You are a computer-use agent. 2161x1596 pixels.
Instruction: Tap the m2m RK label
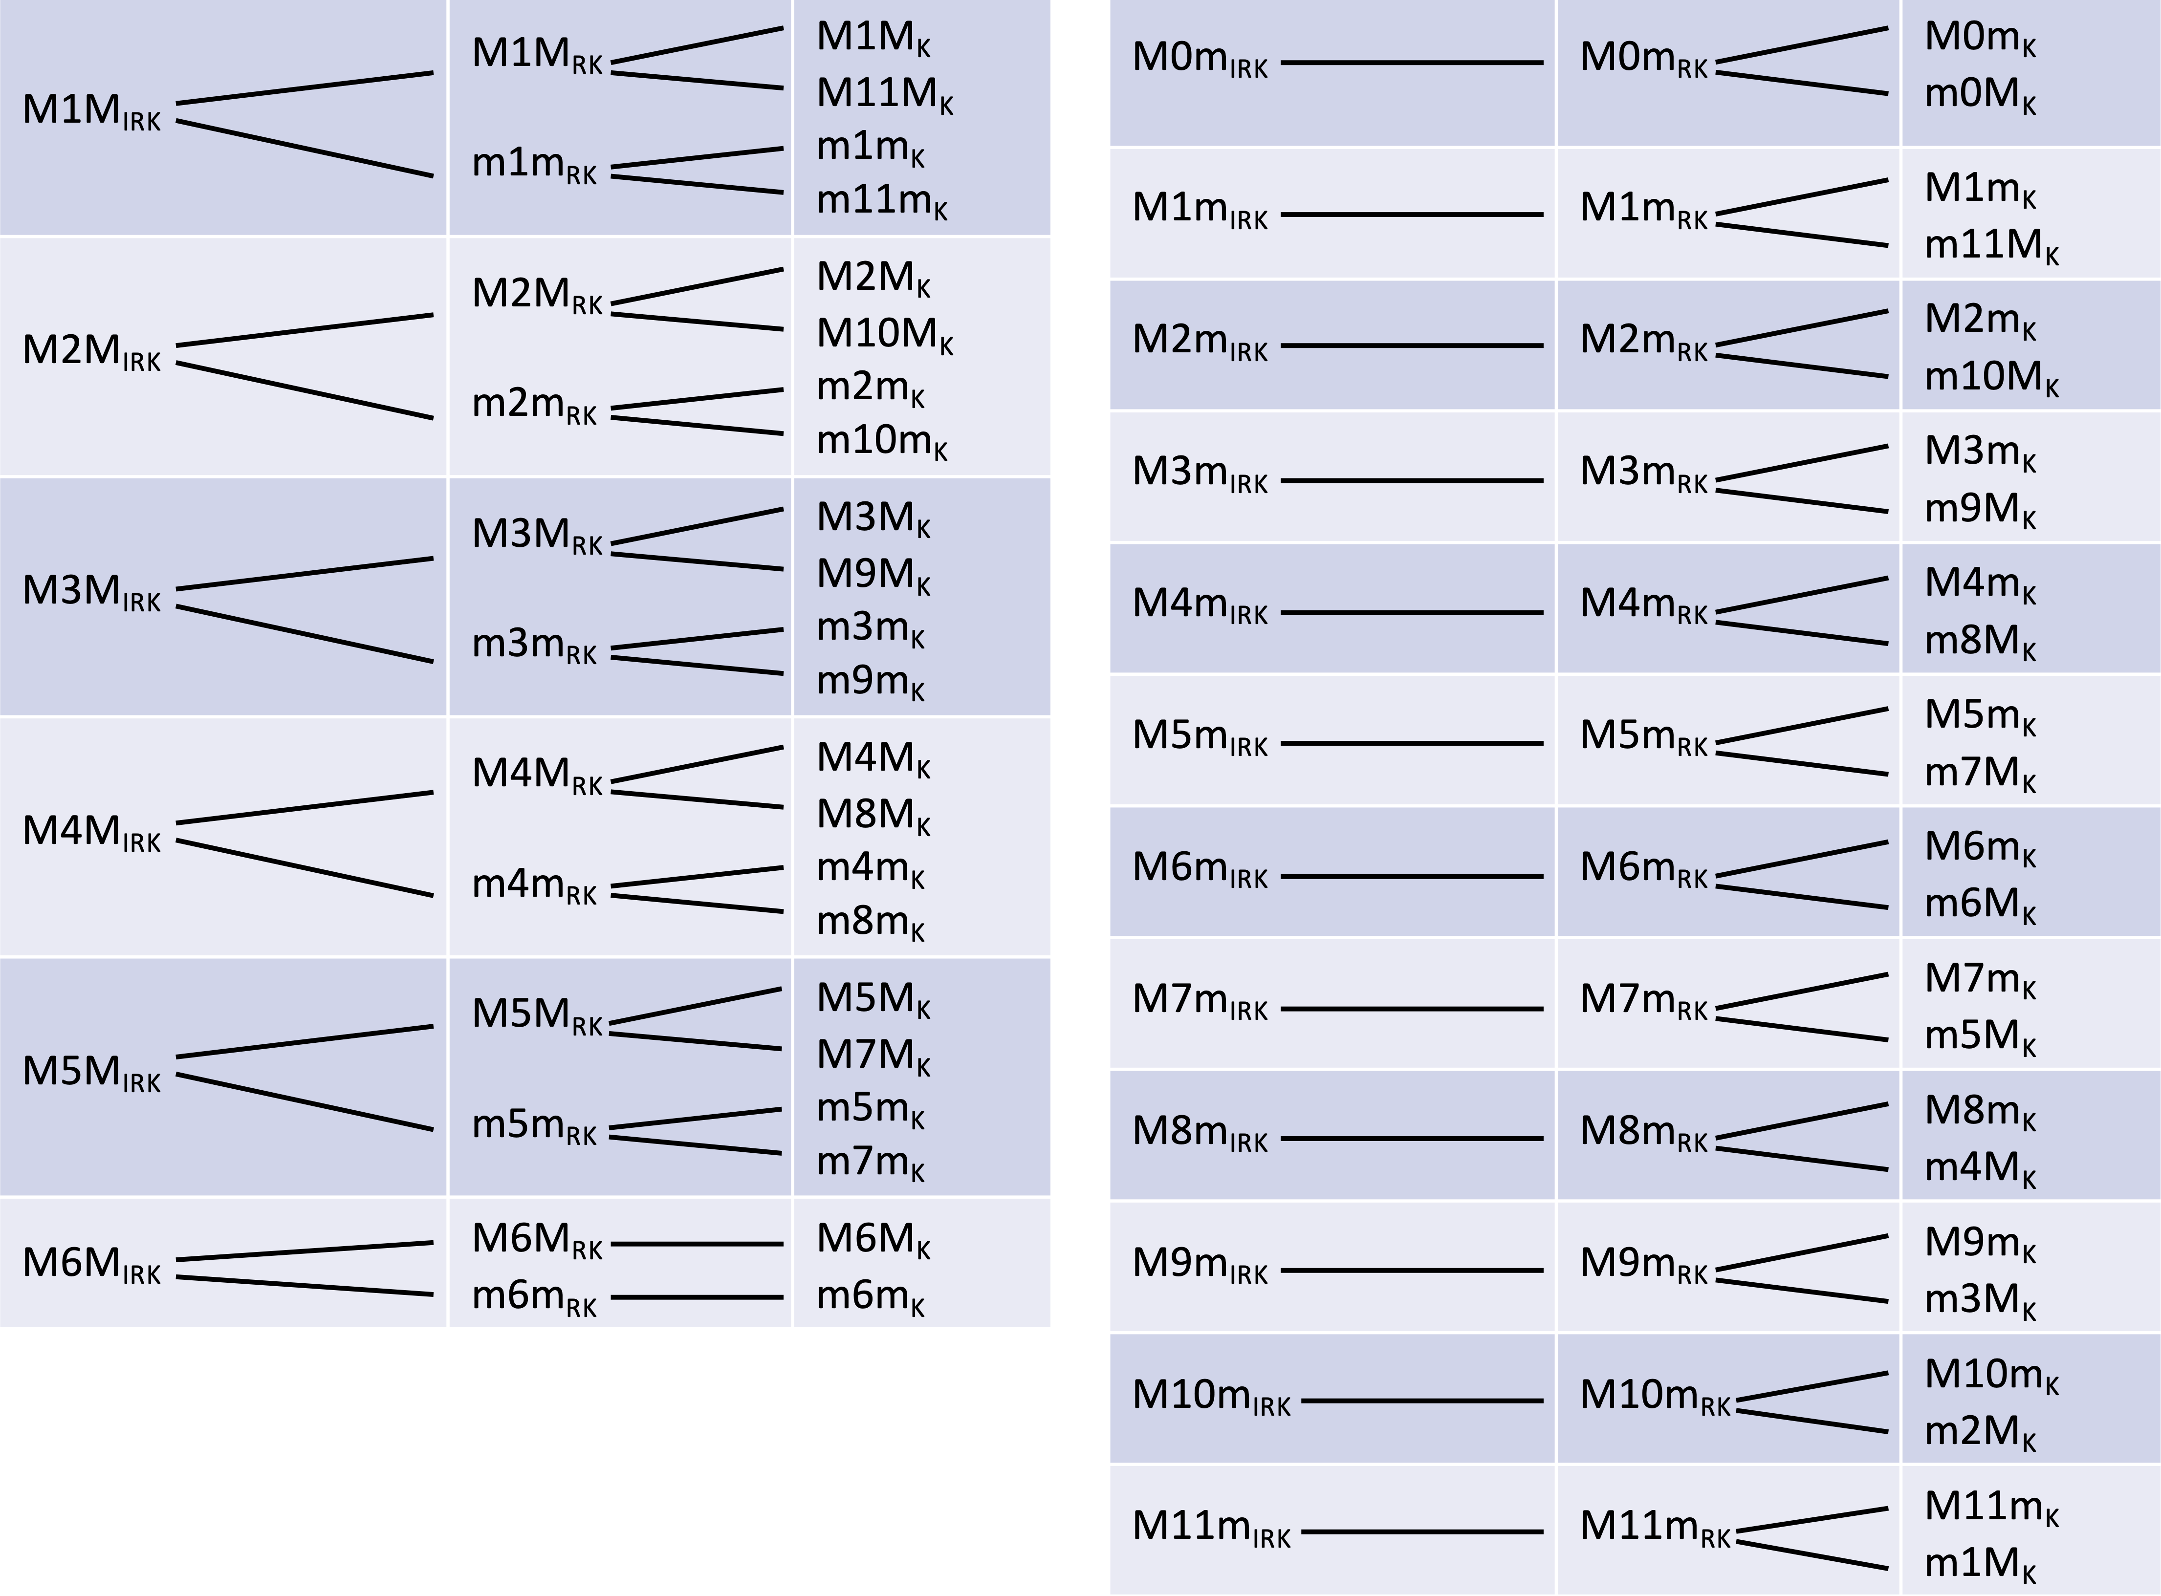[533, 406]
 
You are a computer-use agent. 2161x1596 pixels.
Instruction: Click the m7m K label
[870, 1162]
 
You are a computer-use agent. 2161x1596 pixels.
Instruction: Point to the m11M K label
[1991, 246]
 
